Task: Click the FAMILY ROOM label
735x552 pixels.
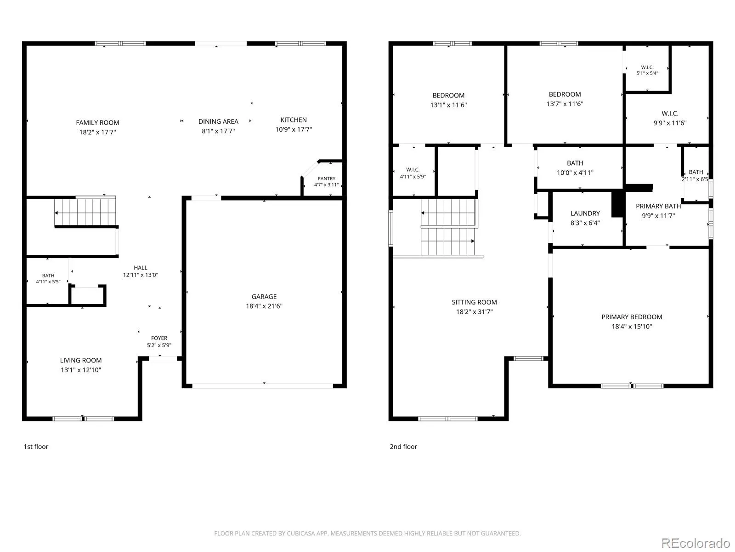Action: (x=97, y=123)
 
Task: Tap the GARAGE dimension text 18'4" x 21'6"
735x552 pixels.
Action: (x=264, y=306)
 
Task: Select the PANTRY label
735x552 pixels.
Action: (x=326, y=178)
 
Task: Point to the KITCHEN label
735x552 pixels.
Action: (x=294, y=120)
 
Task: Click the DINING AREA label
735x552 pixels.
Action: (x=218, y=121)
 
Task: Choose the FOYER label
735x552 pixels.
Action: (x=159, y=338)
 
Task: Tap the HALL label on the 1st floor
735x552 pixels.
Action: (x=140, y=268)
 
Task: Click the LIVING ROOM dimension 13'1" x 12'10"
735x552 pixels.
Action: (x=81, y=370)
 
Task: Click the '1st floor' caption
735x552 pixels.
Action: (x=36, y=446)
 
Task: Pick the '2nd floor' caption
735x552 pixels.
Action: (x=403, y=446)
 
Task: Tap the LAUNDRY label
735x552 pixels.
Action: (x=585, y=213)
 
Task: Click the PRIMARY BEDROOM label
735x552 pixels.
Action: (x=631, y=317)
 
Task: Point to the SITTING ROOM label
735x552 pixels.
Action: (x=474, y=302)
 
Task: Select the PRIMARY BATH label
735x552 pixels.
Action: (x=658, y=207)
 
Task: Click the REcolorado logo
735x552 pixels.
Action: (x=695, y=543)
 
